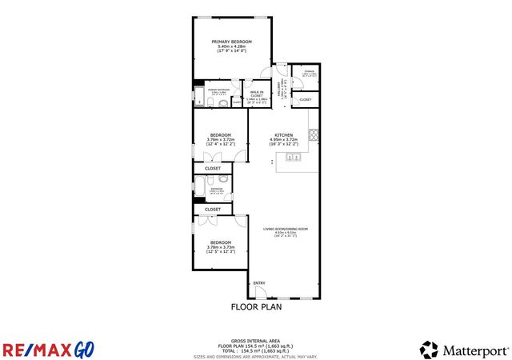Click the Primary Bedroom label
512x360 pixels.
pyautogui.click(x=231, y=41)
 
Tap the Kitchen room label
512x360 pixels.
pyautogui.click(x=284, y=134)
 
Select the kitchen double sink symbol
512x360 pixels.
pyautogui.click(x=293, y=158)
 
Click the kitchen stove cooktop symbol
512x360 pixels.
pyautogui.click(x=314, y=134)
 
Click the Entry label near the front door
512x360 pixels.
pyautogui.click(x=258, y=283)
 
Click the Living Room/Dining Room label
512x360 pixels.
pyautogui.click(x=285, y=230)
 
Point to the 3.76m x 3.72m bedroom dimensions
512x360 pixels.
pyautogui.click(x=220, y=139)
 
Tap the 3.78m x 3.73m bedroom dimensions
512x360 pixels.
pyautogui.click(x=220, y=247)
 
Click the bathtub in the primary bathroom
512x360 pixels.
pyautogui.click(x=198, y=96)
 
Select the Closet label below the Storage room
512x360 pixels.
pyautogui.click(x=306, y=99)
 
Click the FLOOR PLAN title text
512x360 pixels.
pyautogui.click(x=256, y=306)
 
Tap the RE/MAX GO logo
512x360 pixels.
pyautogui.click(x=48, y=350)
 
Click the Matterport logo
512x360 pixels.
pyautogui.click(x=464, y=350)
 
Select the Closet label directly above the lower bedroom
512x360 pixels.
pyautogui.click(x=213, y=209)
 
